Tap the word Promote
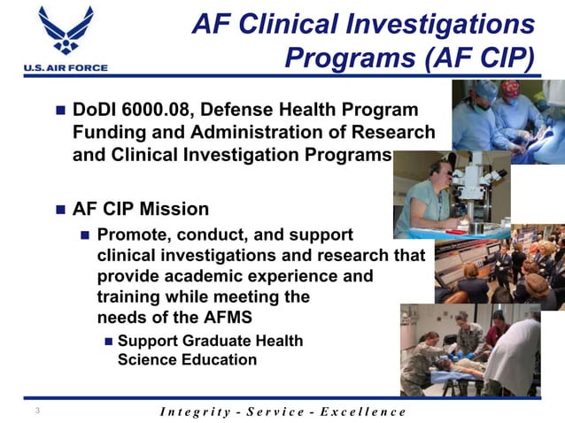click(134, 235)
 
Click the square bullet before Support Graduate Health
click(107, 342)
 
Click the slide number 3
click(37, 411)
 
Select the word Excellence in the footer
click(362, 411)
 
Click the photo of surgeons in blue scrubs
click(507, 119)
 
